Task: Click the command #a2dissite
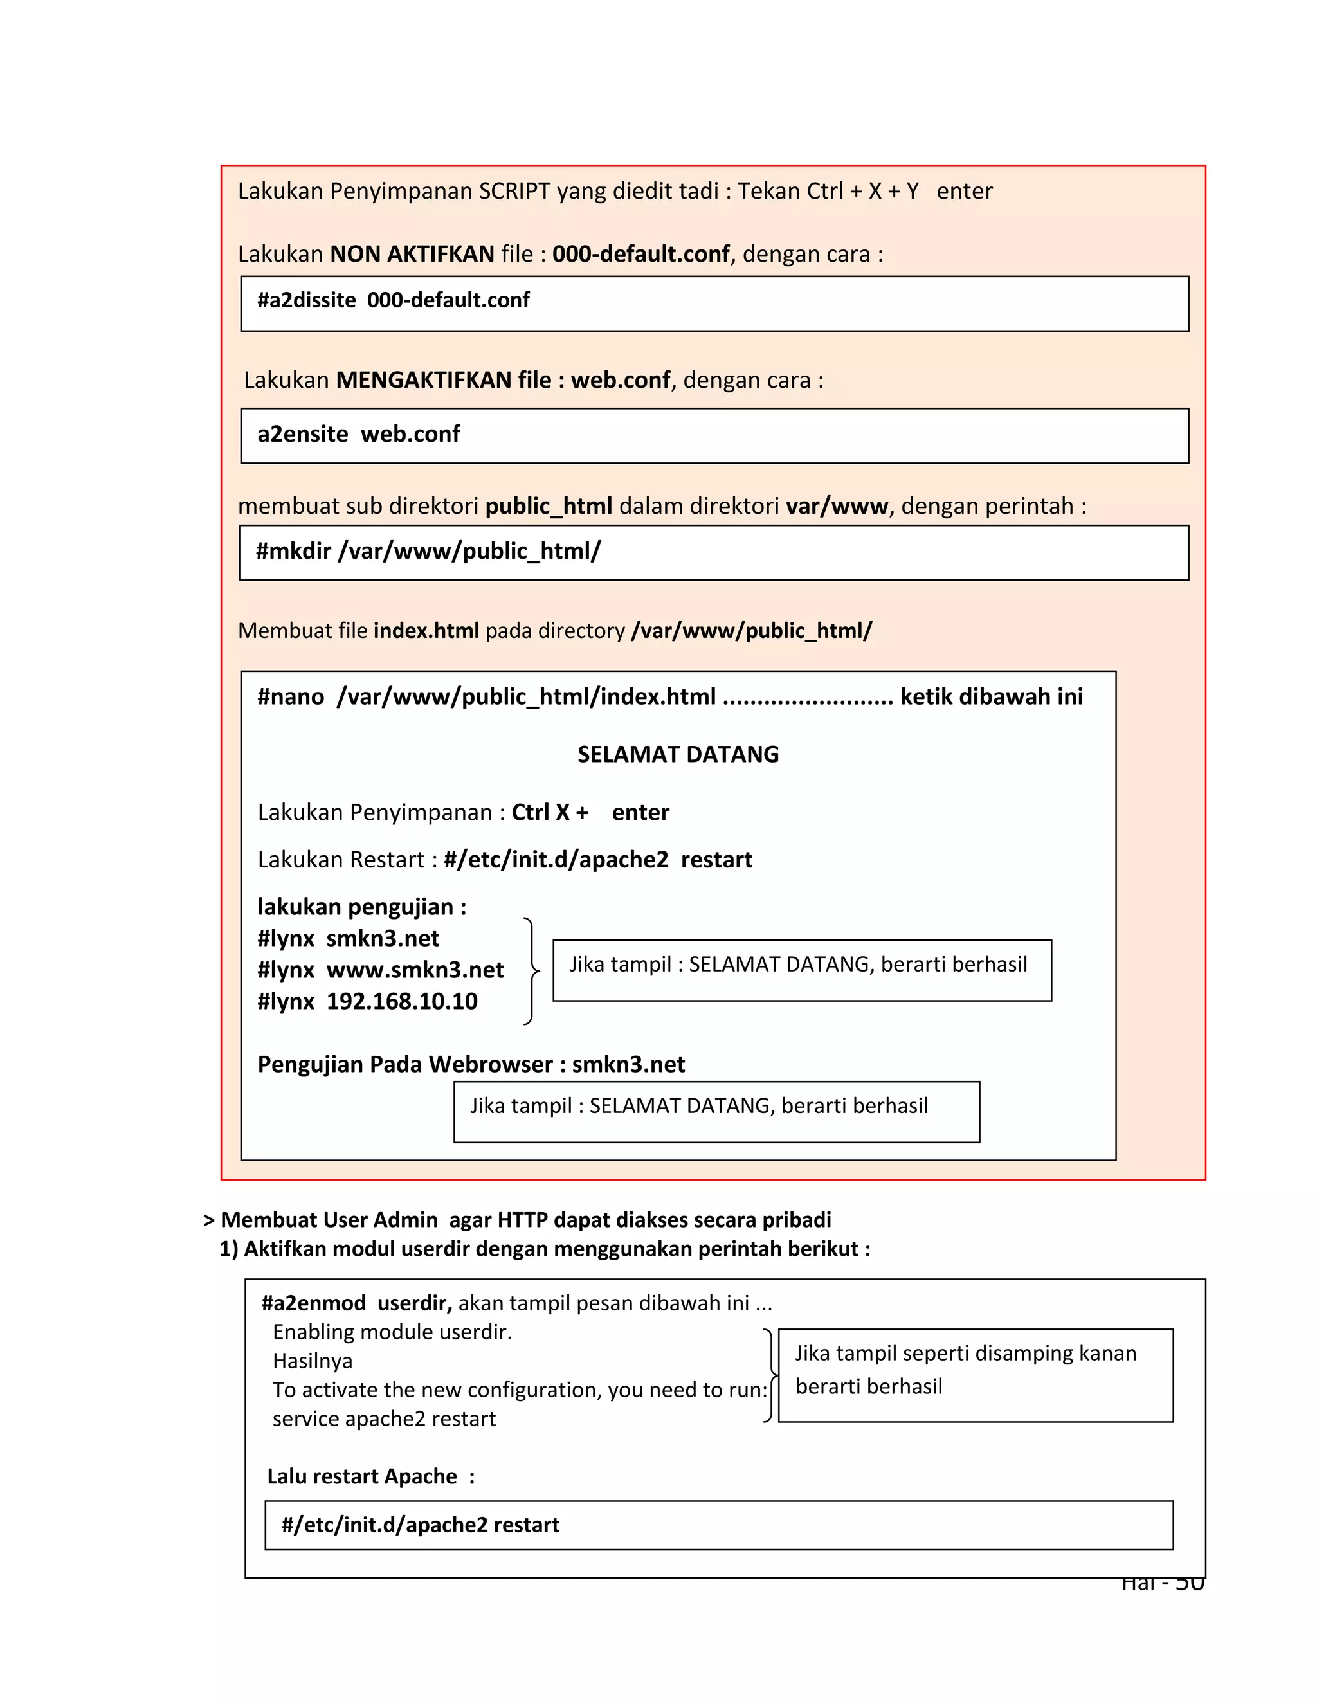tap(307, 300)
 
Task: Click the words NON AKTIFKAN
tap(412, 255)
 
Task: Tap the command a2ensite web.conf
tap(358, 434)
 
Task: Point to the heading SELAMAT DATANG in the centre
tap(677, 754)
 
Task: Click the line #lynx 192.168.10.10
tap(367, 1002)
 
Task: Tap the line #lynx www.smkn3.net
tap(380, 970)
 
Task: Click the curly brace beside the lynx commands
tap(531, 970)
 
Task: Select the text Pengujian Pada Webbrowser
tap(405, 1065)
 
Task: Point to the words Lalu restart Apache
tap(362, 1476)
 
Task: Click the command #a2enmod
tap(314, 1304)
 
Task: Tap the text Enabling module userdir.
tap(392, 1332)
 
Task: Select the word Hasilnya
tap(312, 1361)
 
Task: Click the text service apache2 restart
tap(384, 1419)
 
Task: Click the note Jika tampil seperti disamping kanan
tap(965, 1354)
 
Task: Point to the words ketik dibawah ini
tap(991, 697)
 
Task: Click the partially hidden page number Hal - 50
tap(1163, 1584)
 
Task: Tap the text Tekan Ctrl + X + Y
tap(828, 191)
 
